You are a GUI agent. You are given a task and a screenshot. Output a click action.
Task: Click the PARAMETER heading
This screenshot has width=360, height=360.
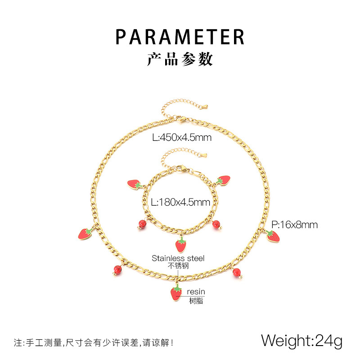click(x=180, y=36)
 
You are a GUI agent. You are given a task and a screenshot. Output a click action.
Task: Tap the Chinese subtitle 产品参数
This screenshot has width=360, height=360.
click(x=180, y=59)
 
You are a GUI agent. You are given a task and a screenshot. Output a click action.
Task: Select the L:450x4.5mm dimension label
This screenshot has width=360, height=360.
click(x=181, y=138)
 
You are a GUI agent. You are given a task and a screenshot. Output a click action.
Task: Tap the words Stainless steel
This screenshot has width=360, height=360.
click(x=178, y=258)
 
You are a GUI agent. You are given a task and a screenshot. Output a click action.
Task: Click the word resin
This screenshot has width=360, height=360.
click(x=196, y=292)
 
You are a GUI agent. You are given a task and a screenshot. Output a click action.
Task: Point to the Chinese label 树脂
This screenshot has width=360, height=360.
click(x=196, y=300)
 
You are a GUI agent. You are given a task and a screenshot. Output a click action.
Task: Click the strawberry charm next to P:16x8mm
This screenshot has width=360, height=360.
click(x=273, y=235)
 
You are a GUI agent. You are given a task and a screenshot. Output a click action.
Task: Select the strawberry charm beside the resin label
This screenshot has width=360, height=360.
click(x=176, y=293)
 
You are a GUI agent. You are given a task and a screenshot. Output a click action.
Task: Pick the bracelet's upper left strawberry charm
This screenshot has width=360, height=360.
click(x=135, y=184)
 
